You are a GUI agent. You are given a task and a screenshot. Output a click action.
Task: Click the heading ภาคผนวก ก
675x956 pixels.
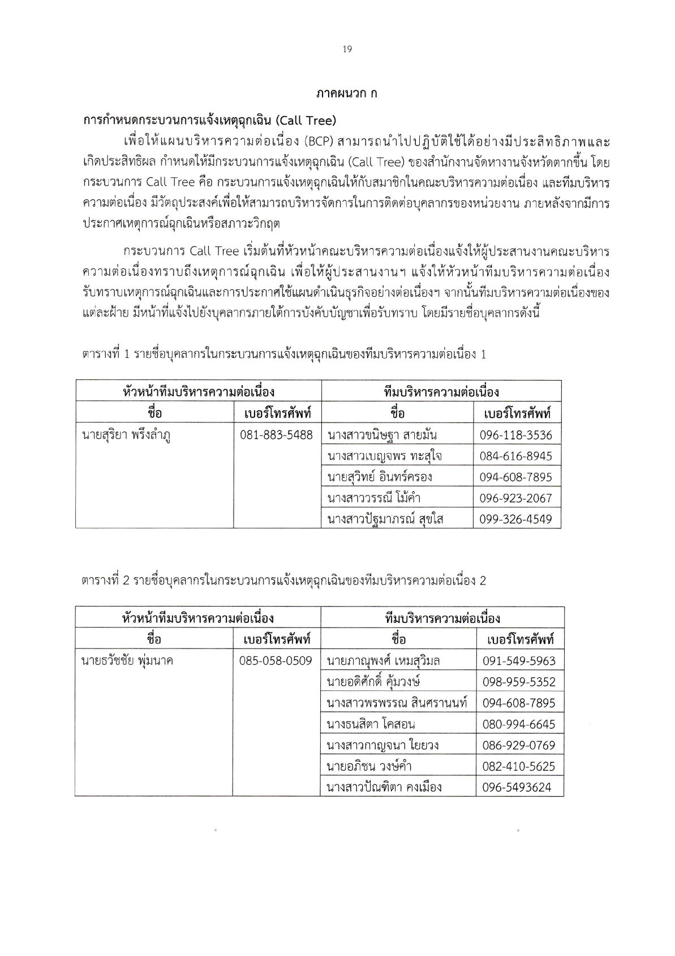pos(347,93)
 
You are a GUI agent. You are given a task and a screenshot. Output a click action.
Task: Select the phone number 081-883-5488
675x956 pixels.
pos(277,435)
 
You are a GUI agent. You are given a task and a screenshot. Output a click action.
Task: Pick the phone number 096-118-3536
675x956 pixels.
pos(516,436)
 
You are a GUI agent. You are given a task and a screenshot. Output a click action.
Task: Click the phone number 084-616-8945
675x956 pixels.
pos(516,456)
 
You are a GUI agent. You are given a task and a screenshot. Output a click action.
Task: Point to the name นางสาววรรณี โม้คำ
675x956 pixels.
pos(374,498)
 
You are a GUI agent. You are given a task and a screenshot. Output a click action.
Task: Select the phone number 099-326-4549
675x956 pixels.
pos(516,519)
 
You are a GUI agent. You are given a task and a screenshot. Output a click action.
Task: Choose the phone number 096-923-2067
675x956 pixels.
pos(516,498)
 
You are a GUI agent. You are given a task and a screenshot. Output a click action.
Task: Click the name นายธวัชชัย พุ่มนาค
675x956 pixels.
pos(127,660)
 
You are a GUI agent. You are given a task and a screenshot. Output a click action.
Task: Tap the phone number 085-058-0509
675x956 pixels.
pos(276,660)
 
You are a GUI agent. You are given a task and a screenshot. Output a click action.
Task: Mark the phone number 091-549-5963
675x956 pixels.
pos(519,661)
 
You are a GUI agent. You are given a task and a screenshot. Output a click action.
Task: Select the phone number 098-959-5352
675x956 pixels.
pos(519,682)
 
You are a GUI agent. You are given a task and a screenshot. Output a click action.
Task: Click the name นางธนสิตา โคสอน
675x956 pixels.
pos(371,724)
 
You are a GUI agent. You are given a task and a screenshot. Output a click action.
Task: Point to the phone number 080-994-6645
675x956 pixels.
pos(519,724)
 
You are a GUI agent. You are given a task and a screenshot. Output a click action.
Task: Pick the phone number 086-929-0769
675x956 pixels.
pos(519,745)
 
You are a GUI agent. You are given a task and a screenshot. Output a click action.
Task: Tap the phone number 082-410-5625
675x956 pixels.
pos(519,767)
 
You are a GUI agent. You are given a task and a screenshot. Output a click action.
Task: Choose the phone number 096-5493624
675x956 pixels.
pos(517,787)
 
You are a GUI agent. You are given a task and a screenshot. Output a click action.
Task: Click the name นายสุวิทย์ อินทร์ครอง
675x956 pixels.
pos(380,477)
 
